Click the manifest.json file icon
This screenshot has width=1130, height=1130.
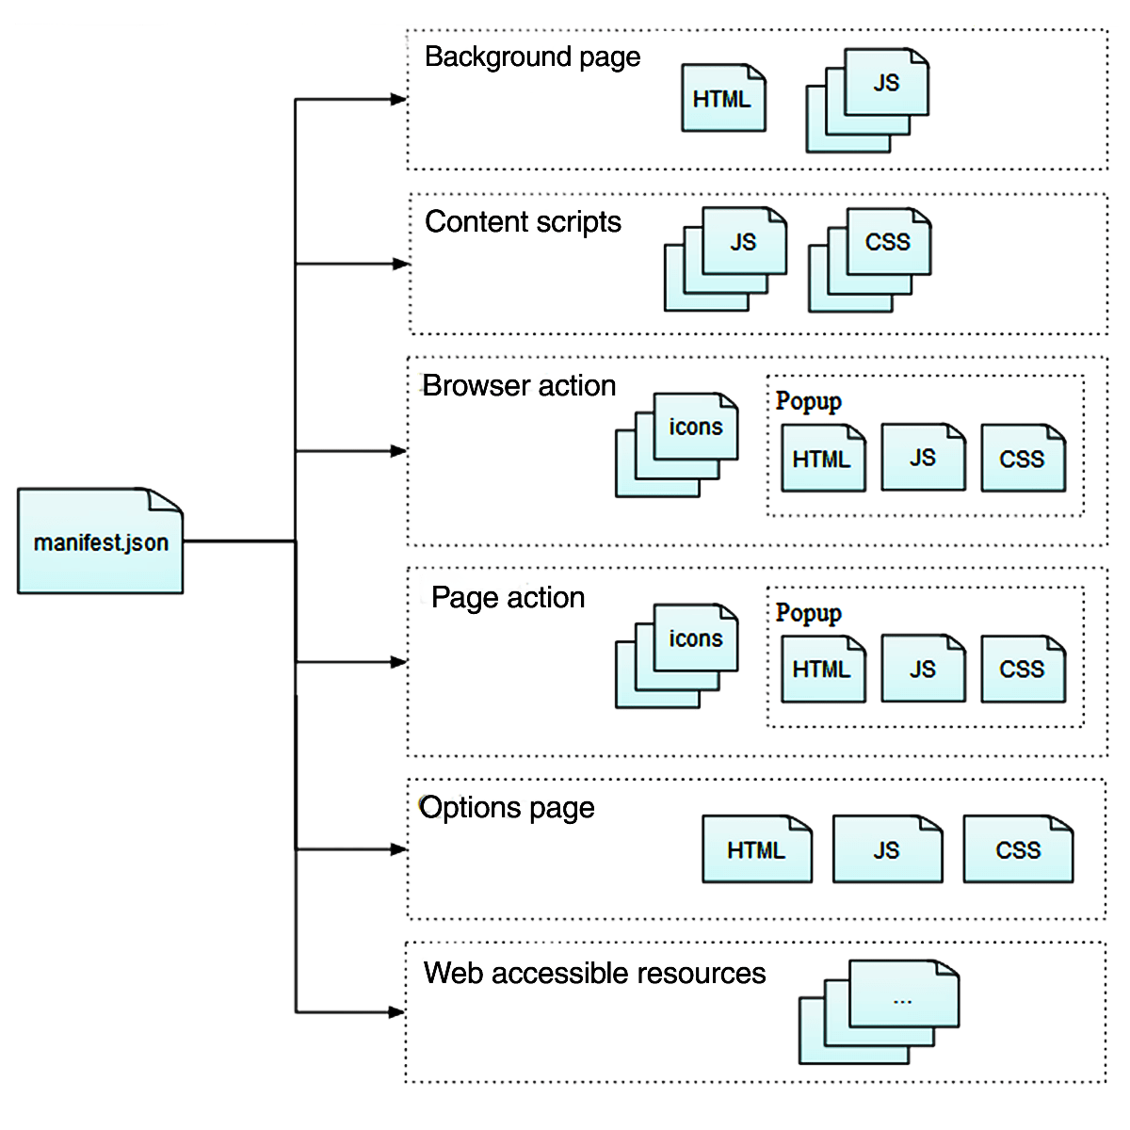pyautogui.click(x=100, y=541)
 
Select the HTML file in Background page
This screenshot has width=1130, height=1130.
pyautogui.click(x=723, y=98)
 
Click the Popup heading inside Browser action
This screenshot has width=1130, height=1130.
pyautogui.click(x=808, y=401)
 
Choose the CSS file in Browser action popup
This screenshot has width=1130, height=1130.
pyautogui.click(x=1023, y=459)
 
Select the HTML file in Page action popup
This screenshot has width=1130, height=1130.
pyautogui.click(x=822, y=670)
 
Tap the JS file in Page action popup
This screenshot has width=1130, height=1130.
pyautogui.click(x=923, y=670)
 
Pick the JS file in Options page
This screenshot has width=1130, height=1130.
pyautogui.click(x=887, y=849)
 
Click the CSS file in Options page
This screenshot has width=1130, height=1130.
pyautogui.click(x=1018, y=849)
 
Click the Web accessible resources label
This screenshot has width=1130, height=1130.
pyautogui.click(x=594, y=973)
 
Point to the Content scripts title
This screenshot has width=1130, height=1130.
pyautogui.click(x=523, y=222)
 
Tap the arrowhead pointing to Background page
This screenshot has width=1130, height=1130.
pyautogui.click(x=398, y=99)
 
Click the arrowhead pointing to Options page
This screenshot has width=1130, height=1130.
pyautogui.click(x=398, y=849)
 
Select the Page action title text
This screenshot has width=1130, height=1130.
pyautogui.click(x=508, y=598)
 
